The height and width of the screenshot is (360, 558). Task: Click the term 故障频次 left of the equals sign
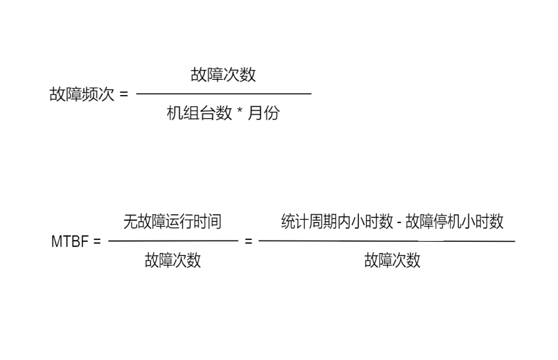(x=82, y=94)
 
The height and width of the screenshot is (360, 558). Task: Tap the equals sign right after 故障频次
(x=124, y=94)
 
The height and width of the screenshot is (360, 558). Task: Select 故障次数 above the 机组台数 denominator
(x=223, y=75)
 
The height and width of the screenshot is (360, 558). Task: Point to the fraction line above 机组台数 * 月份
(x=224, y=94)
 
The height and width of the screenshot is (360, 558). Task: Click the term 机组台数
(x=199, y=113)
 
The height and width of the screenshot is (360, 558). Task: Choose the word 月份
(x=264, y=113)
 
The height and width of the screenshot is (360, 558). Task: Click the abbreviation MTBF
(x=70, y=241)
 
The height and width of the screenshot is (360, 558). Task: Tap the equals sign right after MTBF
(x=97, y=241)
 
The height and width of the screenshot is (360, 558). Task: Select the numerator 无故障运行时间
(x=173, y=222)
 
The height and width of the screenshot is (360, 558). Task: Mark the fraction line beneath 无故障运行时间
(x=173, y=241)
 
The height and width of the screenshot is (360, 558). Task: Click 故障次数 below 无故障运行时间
(x=173, y=260)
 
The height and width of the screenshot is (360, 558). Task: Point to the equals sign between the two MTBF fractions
(x=248, y=241)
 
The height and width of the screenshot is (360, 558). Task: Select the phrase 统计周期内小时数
(x=337, y=222)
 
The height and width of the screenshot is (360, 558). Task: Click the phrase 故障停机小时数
(x=454, y=222)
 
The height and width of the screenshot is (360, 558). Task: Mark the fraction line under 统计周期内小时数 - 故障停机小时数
(x=387, y=241)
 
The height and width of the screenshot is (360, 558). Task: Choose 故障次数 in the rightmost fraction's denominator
(x=392, y=260)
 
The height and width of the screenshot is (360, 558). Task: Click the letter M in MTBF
(x=57, y=241)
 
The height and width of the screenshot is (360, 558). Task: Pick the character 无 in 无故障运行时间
(x=130, y=222)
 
